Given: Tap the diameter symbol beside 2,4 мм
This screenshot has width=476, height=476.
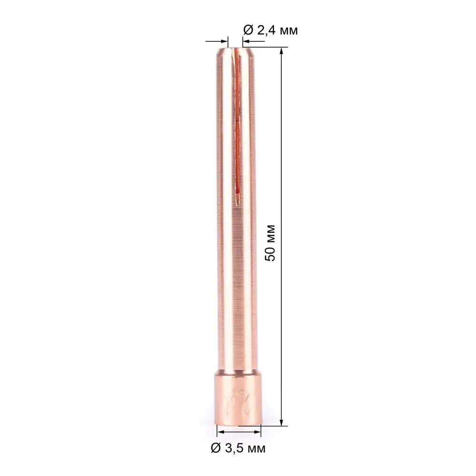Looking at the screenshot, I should [x=248, y=30].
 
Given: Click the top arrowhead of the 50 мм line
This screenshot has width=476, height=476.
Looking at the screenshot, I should [x=282, y=51].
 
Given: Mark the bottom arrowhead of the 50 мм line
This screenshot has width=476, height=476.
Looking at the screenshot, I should [x=282, y=422].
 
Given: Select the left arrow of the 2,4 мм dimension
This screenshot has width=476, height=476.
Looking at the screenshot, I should [x=223, y=42].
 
